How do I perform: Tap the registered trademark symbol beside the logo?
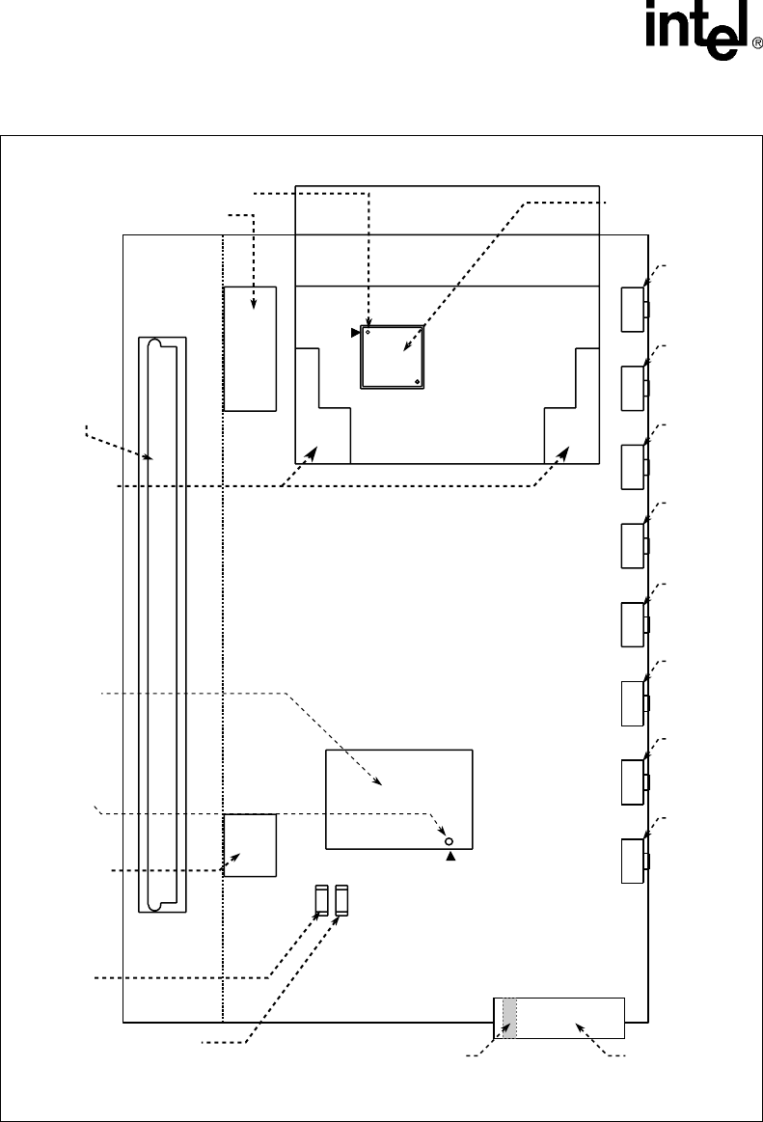coord(757,43)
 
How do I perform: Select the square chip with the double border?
coord(393,357)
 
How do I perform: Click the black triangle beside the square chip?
coord(355,333)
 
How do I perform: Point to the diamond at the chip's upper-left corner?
coord(368,333)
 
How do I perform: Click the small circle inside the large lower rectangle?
coord(450,841)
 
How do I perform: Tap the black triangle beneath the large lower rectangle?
coord(450,857)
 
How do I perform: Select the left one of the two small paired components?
coord(321,900)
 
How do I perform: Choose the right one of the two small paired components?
coord(341,900)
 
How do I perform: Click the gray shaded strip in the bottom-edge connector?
coord(509,1018)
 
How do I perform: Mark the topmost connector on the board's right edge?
coord(634,310)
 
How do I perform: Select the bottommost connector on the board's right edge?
coord(634,861)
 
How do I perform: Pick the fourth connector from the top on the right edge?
coord(634,546)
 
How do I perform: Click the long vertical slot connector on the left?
coord(162,625)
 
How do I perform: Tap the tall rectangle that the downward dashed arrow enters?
coord(250,349)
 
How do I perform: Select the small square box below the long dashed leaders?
coord(250,845)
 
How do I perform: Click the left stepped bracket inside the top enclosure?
coord(322,406)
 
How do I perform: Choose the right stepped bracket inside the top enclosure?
coord(572,406)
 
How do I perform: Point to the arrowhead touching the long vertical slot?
coord(149,456)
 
